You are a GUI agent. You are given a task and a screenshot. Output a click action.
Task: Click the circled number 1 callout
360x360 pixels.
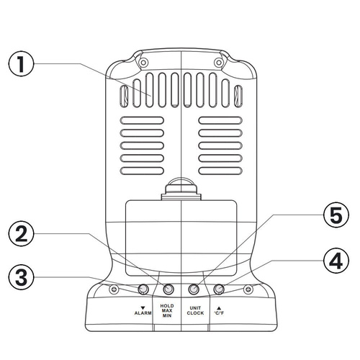[21, 63]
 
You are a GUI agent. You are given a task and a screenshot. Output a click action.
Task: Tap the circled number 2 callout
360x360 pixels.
[21, 234]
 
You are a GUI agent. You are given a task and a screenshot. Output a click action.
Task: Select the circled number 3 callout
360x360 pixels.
[21, 278]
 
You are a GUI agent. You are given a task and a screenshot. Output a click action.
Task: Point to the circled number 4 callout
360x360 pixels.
[336, 261]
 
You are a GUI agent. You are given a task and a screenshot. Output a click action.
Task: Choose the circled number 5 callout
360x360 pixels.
[336, 215]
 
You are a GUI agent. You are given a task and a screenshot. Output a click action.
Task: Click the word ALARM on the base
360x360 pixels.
[143, 313]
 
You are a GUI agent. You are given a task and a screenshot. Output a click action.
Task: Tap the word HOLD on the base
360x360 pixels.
[167, 306]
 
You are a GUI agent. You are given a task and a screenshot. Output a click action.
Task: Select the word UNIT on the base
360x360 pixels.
[195, 308]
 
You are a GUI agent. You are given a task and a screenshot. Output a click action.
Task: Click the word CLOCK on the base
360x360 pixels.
[195, 313]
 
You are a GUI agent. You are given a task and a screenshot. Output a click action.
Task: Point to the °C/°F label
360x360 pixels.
[219, 313]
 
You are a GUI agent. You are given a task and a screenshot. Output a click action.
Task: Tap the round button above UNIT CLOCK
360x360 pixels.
[194, 289]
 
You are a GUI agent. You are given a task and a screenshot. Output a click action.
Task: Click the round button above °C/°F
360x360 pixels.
[219, 289]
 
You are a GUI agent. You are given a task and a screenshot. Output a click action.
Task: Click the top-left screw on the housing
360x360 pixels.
[143, 63]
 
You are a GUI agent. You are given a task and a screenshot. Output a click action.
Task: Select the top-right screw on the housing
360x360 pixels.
[218, 63]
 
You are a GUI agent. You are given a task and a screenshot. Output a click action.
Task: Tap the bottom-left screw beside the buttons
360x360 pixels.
[114, 289]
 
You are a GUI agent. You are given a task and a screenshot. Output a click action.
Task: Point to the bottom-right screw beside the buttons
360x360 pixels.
[248, 289]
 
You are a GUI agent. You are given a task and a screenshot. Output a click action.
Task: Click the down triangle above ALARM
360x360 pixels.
[143, 307]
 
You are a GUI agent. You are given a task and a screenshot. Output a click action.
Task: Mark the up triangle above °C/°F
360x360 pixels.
[219, 308]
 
